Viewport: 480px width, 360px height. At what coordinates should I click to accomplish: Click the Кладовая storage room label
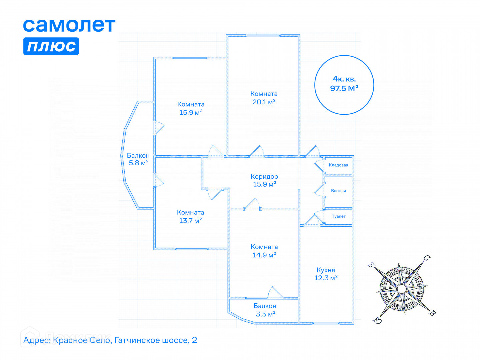point(338,165)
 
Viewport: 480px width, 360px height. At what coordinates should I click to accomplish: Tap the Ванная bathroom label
point(338,191)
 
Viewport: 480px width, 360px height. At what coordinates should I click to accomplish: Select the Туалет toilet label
point(339,216)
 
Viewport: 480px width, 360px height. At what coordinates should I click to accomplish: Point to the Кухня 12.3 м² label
point(326,274)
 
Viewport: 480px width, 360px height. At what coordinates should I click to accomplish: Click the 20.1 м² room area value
point(264,102)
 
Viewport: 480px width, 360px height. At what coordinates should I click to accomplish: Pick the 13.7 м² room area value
point(190,221)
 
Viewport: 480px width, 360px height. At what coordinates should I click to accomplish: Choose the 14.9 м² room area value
point(264,255)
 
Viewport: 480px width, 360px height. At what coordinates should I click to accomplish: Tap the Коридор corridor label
point(264,176)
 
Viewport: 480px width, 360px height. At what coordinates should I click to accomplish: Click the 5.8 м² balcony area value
point(138,163)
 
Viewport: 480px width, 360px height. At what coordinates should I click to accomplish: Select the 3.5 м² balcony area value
point(265,314)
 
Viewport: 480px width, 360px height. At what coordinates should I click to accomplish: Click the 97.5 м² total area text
point(344,88)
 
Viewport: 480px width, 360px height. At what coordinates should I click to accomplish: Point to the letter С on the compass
point(427,258)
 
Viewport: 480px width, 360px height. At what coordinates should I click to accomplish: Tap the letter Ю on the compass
point(377,320)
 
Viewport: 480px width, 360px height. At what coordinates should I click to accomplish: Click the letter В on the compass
point(432,313)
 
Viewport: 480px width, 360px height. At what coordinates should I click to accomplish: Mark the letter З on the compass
point(371,265)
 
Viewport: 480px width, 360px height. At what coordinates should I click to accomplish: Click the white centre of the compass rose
point(402,289)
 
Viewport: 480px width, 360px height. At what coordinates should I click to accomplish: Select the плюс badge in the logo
point(51,46)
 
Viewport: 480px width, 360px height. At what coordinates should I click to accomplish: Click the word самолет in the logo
point(69,25)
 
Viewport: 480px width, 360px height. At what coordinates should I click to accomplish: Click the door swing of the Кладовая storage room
point(319,165)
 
